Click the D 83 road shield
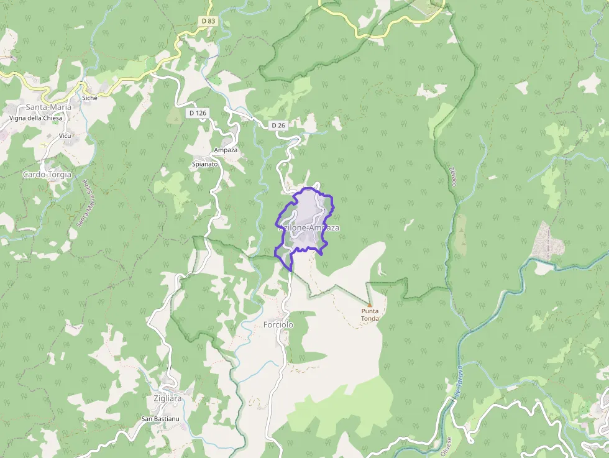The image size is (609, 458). point(208,21)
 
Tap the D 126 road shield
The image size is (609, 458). point(197,113)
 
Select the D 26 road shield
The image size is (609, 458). point(278,126)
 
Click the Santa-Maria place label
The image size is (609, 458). point(48,107)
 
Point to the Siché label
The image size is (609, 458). point(90,98)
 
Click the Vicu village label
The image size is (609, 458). point(65,135)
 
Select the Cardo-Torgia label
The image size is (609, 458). point(47,175)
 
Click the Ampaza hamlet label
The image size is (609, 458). point(225,150)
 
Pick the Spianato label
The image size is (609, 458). point(205,165)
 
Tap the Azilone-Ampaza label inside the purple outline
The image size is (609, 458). point(309,228)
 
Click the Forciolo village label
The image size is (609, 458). point(278,325)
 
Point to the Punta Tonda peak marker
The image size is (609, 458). point(369,305)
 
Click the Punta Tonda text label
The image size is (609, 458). point(370,315)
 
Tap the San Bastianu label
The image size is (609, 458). point(160,419)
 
